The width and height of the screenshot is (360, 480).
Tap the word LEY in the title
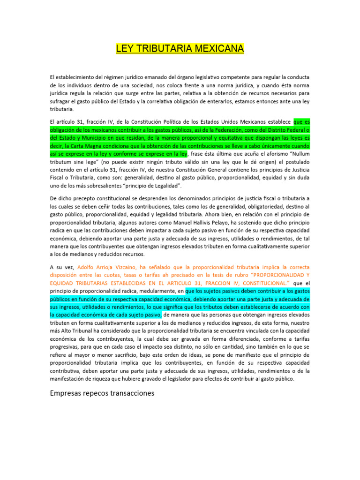[x=125, y=49]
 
